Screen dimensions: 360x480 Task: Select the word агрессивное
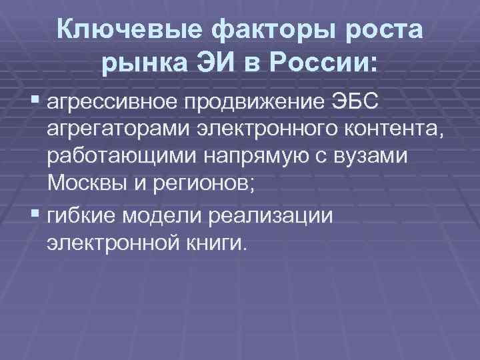click(x=113, y=105)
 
